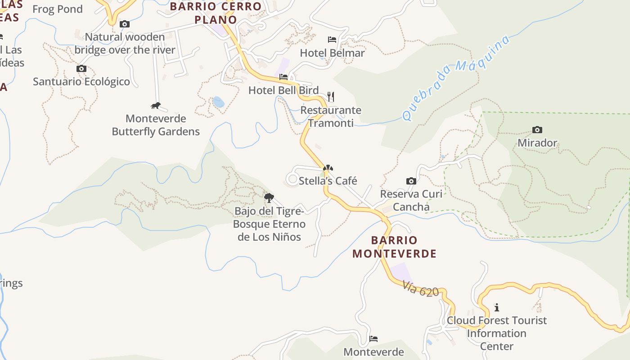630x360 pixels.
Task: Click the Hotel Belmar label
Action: point(332,53)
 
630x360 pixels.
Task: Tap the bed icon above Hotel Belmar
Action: point(332,40)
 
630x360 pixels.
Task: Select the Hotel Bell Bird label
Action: point(283,90)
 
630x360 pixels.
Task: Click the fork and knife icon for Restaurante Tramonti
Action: point(331,97)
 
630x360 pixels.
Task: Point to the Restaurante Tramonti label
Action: point(331,117)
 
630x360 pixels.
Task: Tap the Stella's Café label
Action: point(328,181)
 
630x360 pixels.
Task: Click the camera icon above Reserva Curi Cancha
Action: point(411,181)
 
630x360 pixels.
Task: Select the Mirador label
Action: point(537,143)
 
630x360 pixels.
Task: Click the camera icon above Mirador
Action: point(537,130)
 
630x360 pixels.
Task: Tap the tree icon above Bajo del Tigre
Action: point(269,198)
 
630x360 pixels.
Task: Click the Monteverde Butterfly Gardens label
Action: point(156,125)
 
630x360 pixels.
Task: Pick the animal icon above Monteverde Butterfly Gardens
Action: point(156,106)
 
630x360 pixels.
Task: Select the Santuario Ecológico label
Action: point(81,82)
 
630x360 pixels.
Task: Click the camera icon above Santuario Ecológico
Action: point(81,69)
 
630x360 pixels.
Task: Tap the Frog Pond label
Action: point(58,9)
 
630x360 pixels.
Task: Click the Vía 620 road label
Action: point(421,289)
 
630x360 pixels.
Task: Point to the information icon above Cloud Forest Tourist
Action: point(497,307)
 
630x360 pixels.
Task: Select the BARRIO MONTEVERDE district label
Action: point(395,247)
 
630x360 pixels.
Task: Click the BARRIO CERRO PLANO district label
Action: point(216,13)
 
